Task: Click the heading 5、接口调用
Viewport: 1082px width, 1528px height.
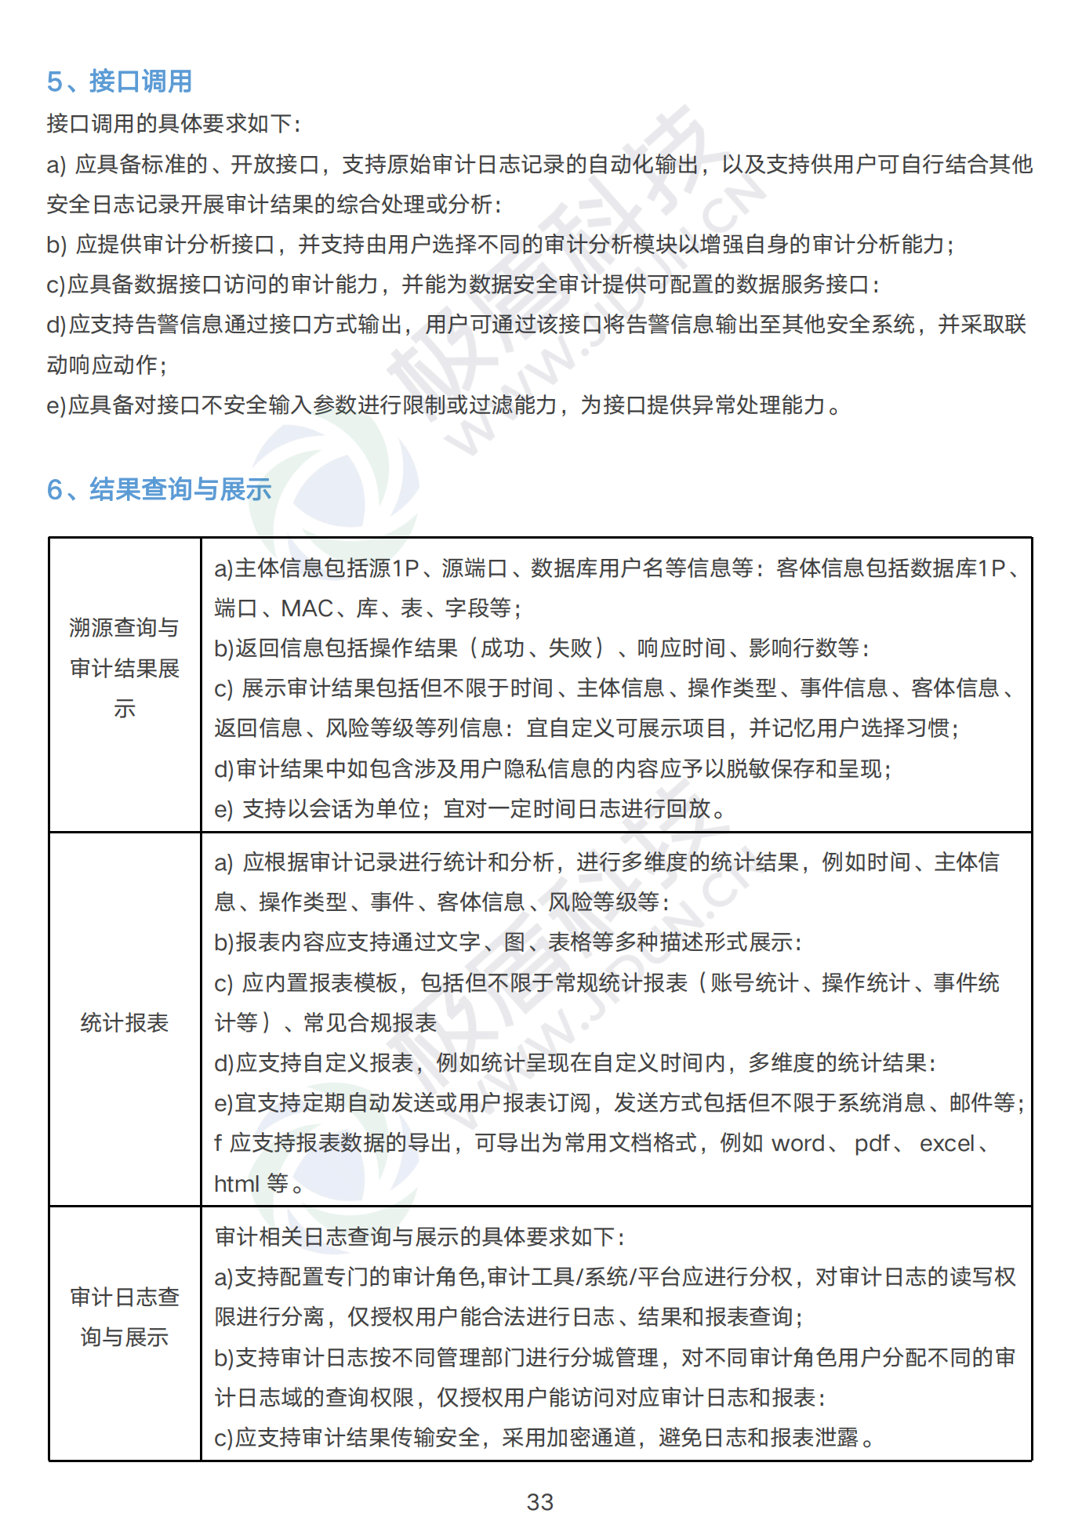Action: (119, 82)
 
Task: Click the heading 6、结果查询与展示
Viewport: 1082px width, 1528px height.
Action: (158, 490)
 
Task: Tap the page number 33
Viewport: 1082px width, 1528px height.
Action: (540, 1502)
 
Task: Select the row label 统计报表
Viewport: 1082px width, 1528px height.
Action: (125, 1023)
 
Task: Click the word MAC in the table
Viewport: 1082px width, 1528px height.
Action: (307, 608)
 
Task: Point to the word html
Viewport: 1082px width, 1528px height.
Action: (236, 1184)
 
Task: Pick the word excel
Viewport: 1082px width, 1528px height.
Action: (947, 1144)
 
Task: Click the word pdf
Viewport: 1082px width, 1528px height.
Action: (872, 1144)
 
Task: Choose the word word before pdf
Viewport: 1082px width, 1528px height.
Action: (798, 1144)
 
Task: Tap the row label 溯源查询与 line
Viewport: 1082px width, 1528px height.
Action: (125, 628)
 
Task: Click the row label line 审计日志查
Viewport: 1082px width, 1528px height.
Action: (125, 1298)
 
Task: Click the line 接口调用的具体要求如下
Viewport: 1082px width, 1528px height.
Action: (173, 124)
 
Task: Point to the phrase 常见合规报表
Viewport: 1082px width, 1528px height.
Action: (370, 1023)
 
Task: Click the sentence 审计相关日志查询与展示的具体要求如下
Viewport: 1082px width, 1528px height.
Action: (419, 1237)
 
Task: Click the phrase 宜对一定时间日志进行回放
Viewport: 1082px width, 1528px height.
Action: (577, 809)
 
